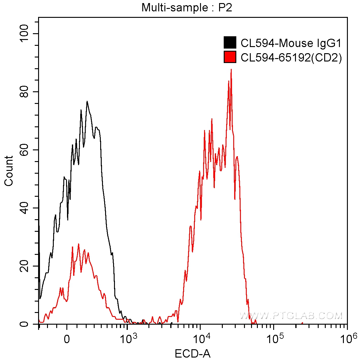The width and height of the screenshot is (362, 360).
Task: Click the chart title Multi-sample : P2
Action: [187, 7]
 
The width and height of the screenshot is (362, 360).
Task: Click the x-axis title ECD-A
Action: [193, 354]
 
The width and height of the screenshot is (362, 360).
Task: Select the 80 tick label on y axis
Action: [24, 92]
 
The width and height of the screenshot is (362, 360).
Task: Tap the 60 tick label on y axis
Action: [24, 150]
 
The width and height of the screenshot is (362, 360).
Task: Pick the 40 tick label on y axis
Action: [24, 208]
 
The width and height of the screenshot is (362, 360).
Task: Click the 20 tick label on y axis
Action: [24, 266]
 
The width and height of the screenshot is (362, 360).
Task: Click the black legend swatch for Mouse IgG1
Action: [230, 43]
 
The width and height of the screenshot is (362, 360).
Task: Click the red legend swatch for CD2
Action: [230, 57]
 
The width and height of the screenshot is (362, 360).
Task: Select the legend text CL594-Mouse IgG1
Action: [291, 43]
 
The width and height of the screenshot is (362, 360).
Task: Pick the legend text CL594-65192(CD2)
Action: [291, 57]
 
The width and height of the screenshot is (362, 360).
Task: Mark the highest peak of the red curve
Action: [231, 69]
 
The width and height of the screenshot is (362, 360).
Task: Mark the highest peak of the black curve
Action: [87, 101]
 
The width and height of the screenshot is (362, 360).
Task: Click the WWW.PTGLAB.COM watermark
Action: [290, 316]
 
